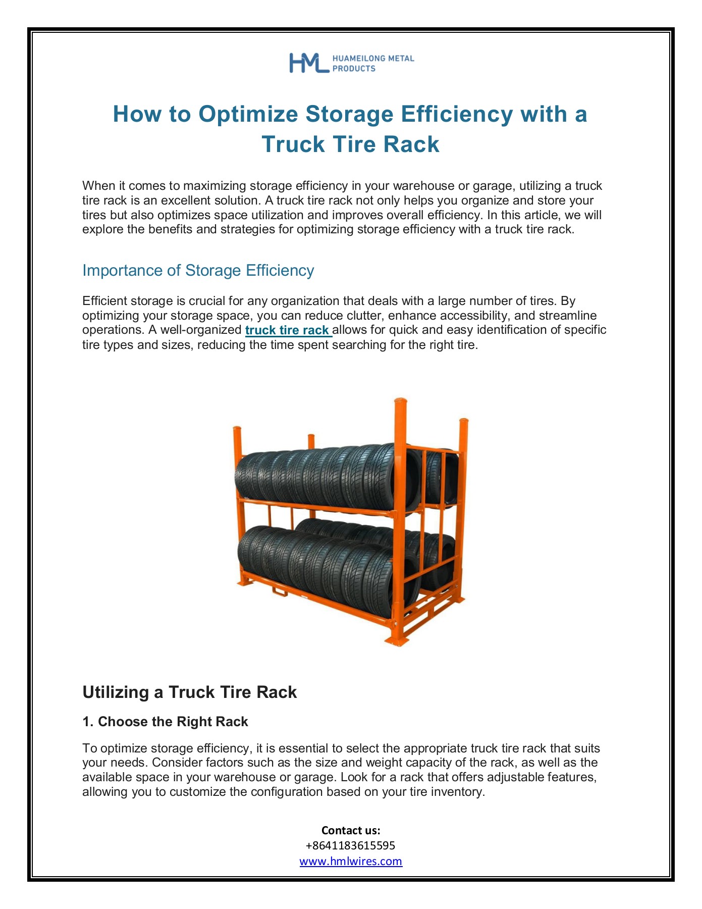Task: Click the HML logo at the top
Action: [308, 63]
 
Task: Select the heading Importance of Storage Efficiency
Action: [198, 271]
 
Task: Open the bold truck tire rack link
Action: [288, 330]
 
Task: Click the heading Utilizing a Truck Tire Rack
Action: [189, 692]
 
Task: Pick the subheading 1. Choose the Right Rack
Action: [165, 722]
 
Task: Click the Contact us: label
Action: [351, 830]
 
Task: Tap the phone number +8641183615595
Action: [351, 845]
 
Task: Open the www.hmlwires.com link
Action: [351, 862]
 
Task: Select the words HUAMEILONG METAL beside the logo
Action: [373, 59]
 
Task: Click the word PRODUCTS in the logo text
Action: [354, 69]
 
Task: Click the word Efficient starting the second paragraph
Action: [105, 301]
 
